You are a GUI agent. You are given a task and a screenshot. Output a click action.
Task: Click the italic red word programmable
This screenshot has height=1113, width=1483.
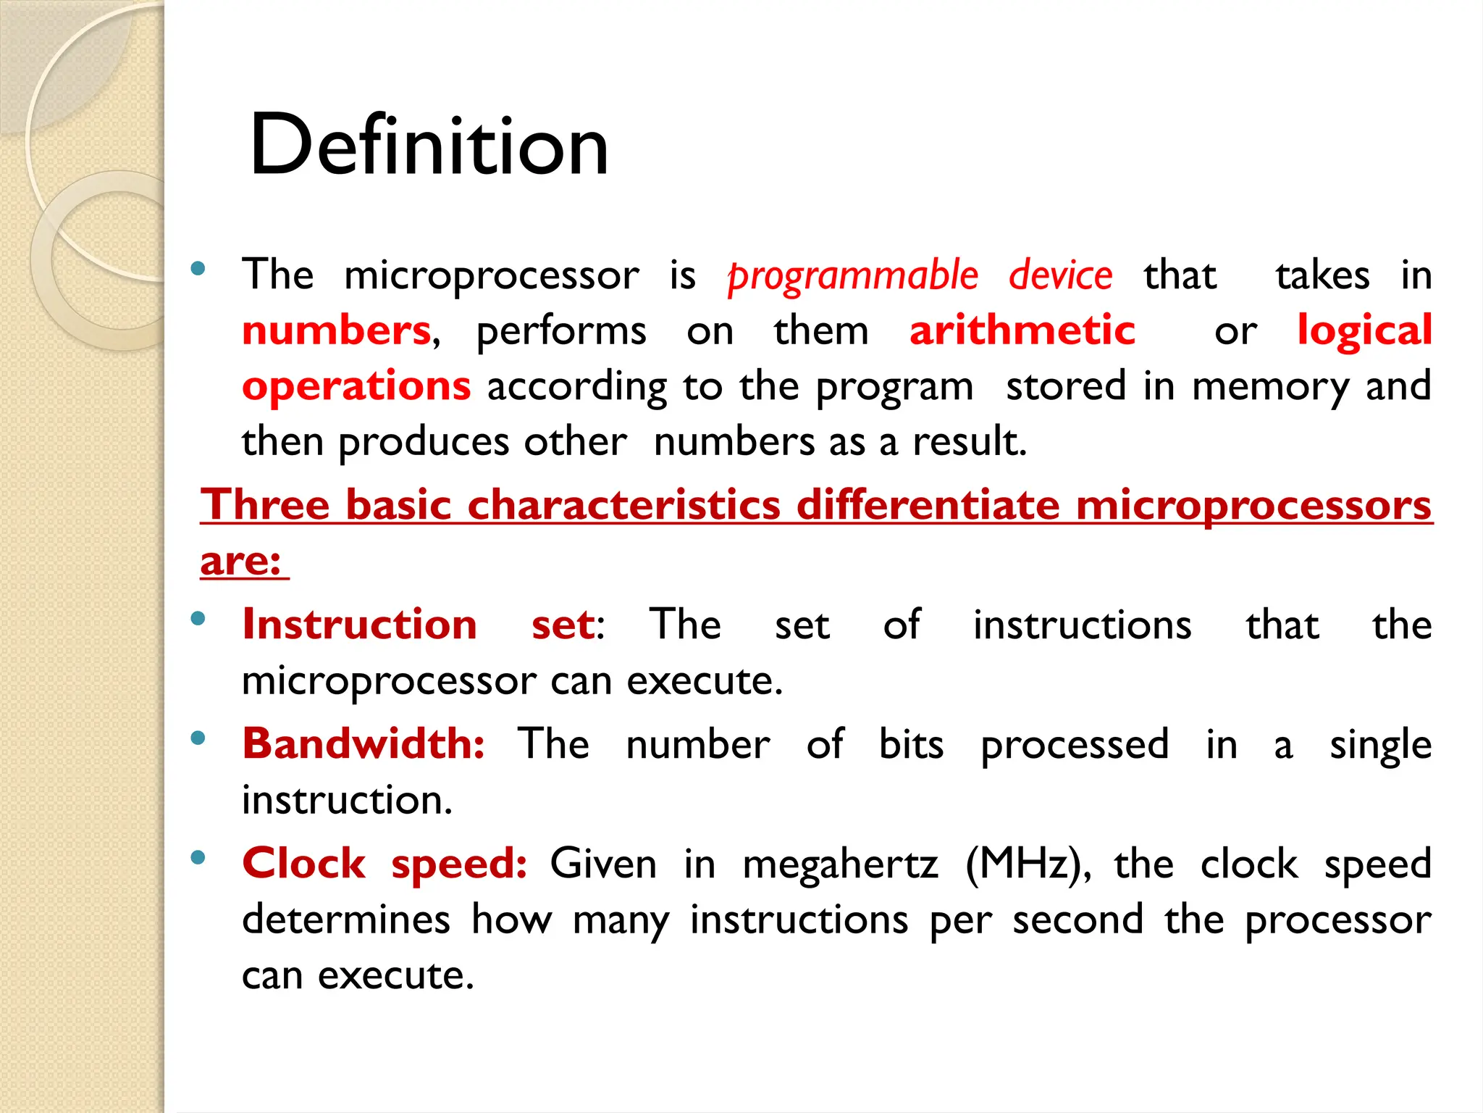point(853,276)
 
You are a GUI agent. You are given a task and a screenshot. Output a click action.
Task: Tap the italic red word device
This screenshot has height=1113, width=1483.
point(1060,275)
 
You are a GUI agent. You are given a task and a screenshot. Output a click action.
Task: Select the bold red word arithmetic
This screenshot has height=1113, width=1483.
point(1022,331)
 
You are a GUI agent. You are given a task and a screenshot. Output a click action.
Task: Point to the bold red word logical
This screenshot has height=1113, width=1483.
point(1364,331)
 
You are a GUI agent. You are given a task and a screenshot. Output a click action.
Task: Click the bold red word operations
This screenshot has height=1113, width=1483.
point(356,385)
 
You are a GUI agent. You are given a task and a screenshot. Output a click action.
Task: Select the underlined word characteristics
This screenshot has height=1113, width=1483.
point(624,504)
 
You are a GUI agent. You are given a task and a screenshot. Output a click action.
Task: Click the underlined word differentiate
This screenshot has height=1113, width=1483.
point(928,504)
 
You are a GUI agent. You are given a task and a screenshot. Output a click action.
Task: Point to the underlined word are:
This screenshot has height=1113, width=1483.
point(240,560)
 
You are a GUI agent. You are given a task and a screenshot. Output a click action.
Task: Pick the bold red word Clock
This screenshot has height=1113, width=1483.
point(304,863)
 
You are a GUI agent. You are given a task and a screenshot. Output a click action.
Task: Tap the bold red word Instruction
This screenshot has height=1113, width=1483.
point(360,624)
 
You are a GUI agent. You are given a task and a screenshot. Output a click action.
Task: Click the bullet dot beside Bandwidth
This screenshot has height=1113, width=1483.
point(198,738)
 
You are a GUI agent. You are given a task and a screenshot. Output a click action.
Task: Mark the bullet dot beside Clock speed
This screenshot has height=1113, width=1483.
point(198,858)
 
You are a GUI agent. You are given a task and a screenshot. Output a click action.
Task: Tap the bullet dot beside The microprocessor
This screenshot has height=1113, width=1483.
point(198,270)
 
